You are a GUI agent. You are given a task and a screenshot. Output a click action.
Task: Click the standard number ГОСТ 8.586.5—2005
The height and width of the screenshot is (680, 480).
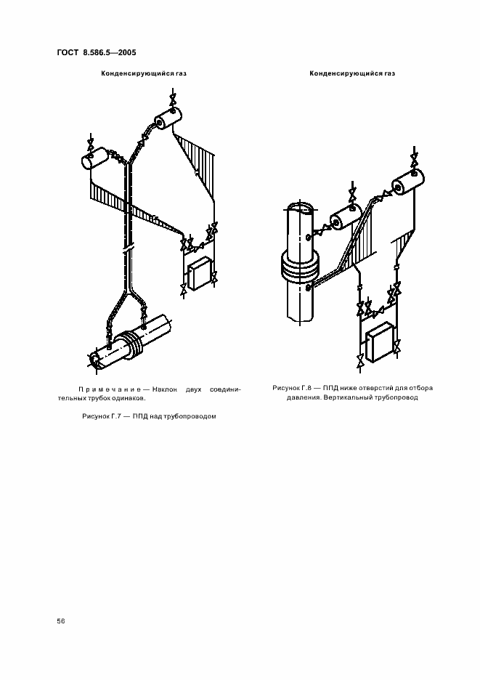97,52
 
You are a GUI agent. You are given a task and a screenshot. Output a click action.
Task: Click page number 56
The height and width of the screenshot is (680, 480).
61,621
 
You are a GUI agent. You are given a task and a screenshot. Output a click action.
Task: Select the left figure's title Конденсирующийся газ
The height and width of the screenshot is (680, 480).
144,73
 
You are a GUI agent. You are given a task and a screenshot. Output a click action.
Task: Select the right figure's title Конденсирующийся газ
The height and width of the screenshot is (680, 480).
352,73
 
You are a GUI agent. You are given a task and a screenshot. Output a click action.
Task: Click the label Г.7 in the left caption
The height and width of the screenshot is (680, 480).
113,416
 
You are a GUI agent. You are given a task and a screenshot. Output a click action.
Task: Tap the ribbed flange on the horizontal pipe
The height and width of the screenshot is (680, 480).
129,344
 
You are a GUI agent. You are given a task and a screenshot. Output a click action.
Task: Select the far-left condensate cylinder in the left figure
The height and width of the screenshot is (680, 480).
95,158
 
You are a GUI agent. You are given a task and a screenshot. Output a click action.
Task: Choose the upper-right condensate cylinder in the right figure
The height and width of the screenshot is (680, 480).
408,183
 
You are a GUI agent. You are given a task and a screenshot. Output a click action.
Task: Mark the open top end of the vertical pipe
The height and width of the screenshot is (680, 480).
302,208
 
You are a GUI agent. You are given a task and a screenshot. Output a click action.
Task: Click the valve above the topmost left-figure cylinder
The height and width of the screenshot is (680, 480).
173,99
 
